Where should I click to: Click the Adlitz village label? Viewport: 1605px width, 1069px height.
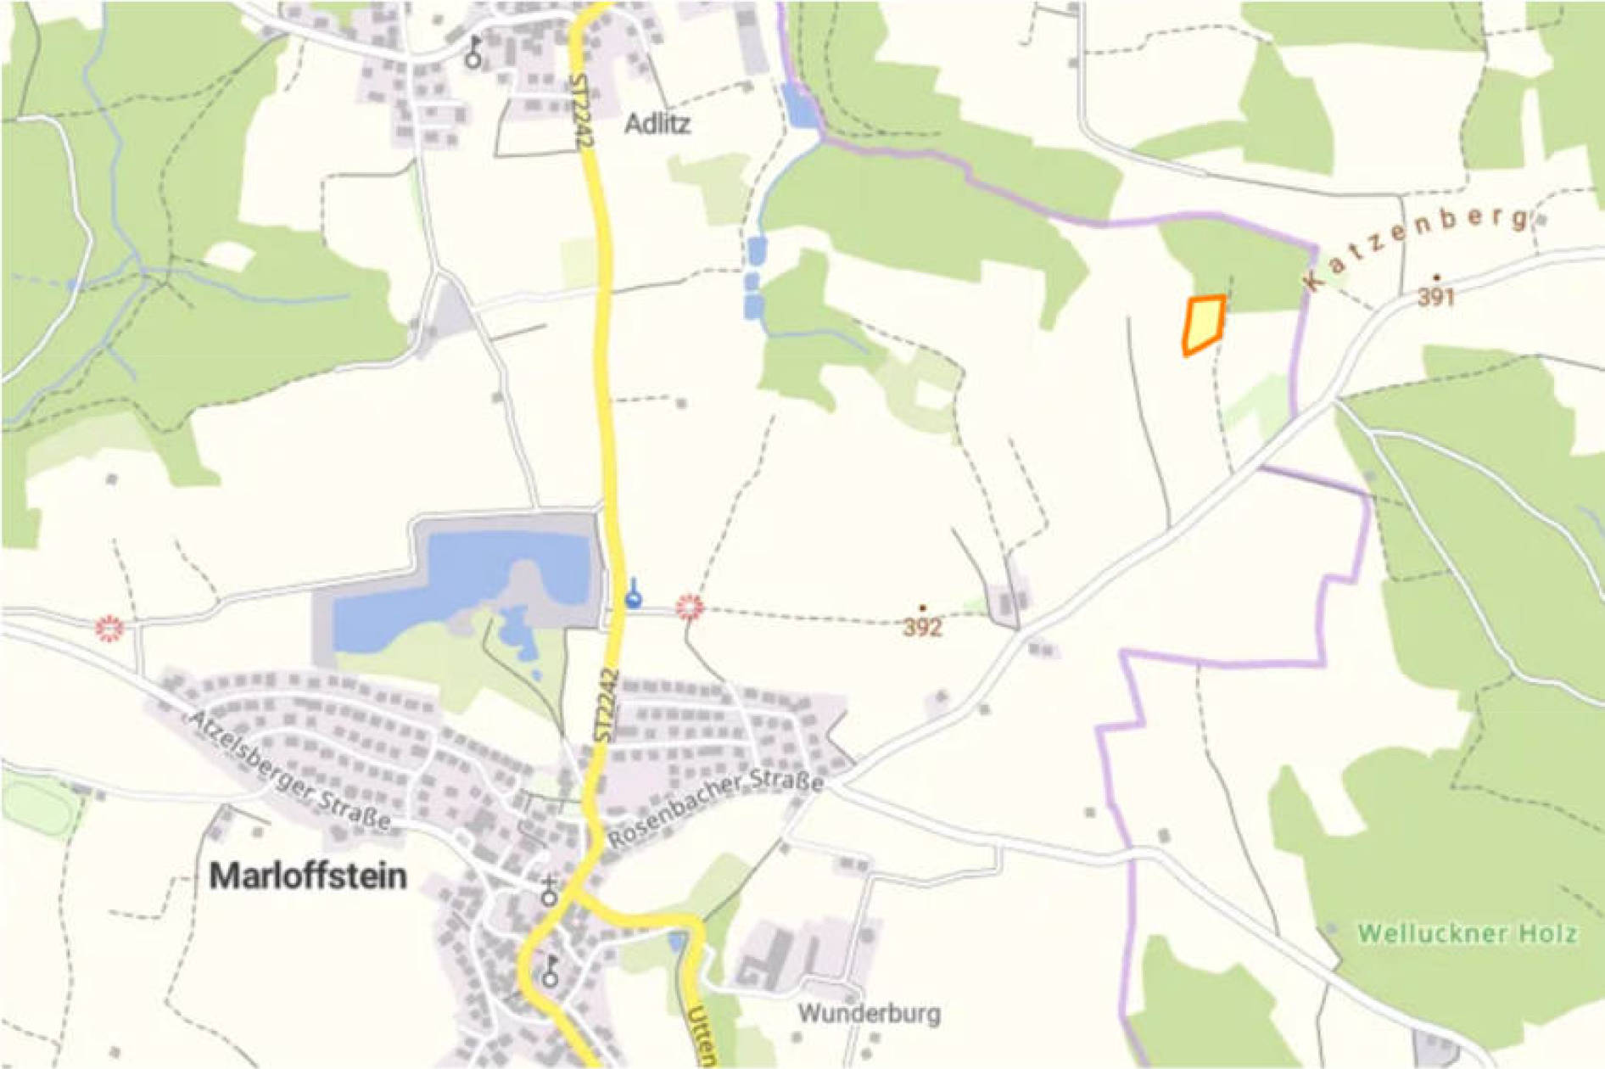(657, 125)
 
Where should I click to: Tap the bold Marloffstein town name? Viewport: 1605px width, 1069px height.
(308, 876)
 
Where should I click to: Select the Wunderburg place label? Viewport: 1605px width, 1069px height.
(869, 1013)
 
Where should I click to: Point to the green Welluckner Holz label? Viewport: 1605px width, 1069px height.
(1467, 934)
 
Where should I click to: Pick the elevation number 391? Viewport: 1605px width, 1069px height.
(1435, 297)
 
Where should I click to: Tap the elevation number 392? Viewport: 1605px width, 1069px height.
(922, 627)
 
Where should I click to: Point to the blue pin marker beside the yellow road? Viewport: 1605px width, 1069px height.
(633, 594)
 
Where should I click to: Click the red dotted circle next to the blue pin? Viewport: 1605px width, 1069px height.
(690, 607)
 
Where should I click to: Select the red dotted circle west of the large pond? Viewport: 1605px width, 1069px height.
(109, 629)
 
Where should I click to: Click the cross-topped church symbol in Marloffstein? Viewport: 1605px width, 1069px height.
(550, 892)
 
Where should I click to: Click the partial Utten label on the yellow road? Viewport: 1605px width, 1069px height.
(702, 1037)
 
